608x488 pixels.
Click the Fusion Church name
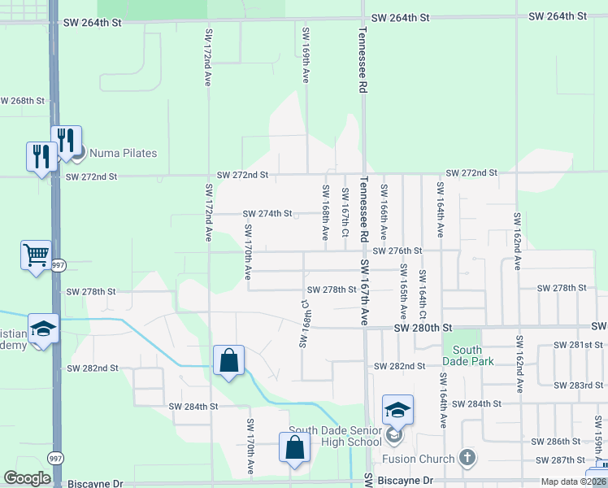click(420, 459)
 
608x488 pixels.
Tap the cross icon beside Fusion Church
click(467, 458)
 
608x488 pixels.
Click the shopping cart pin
click(36, 256)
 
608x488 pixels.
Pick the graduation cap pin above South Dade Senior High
click(397, 411)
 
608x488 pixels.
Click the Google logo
click(27, 478)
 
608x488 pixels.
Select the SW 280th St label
click(422, 328)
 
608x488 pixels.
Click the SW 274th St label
click(267, 214)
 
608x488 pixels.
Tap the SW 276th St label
click(397, 251)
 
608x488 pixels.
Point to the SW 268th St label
click(21, 101)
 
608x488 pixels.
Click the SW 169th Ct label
click(305, 324)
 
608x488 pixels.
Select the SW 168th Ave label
click(325, 212)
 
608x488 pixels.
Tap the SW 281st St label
click(580, 345)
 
